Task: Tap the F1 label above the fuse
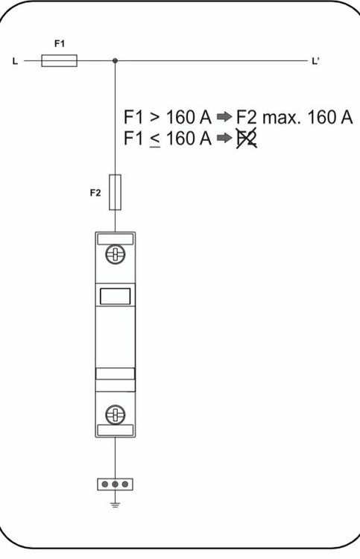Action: pyautogui.click(x=60, y=43)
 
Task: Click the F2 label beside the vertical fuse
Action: pyautogui.click(x=95, y=193)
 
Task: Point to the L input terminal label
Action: pyautogui.click(x=15, y=61)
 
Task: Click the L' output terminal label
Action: pyautogui.click(x=315, y=61)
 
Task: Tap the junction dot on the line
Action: pyautogui.click(x=115, y=60)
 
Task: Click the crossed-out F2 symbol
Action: pyautogui.click(x=247, y=139)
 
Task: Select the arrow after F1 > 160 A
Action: pyautogui.click(x=224, y=116)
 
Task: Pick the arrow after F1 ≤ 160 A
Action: pyautogui.click(x=224, y=138)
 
